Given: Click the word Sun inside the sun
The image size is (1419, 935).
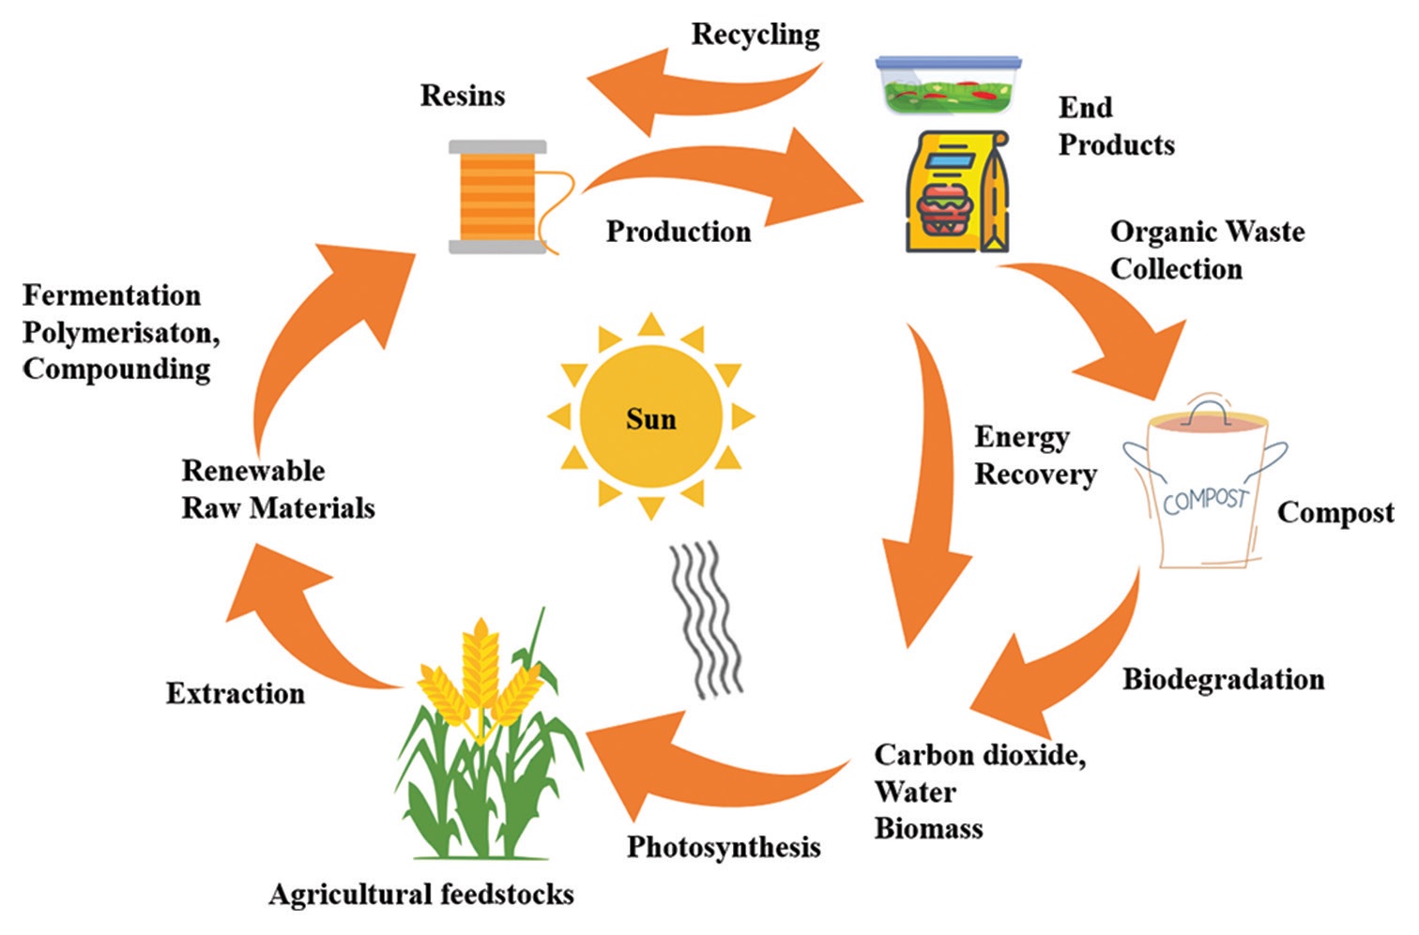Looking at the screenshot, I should [x=650, y=418].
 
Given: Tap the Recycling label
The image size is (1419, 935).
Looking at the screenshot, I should [x=755, y=35].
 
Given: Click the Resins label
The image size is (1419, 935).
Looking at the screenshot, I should [x=462, y=96].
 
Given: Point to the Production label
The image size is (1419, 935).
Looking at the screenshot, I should [x=678, y=232].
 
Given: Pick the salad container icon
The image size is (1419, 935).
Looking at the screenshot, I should [x=948, y=84].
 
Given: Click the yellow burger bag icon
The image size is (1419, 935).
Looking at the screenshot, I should [x=957, y=192].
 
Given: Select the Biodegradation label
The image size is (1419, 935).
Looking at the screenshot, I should [x=1223, y=679].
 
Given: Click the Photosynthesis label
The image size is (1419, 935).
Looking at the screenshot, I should [x=724, y=847].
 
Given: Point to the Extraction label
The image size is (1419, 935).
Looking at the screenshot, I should [x=236, y=694].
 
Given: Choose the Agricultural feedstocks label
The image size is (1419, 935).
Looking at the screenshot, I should [x=421, y=895].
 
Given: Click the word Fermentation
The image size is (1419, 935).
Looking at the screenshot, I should [x=112, y=295].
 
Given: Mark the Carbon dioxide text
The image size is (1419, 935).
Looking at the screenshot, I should [x=980, y=755].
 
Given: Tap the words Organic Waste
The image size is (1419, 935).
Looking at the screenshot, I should [x=1207, y=232].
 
